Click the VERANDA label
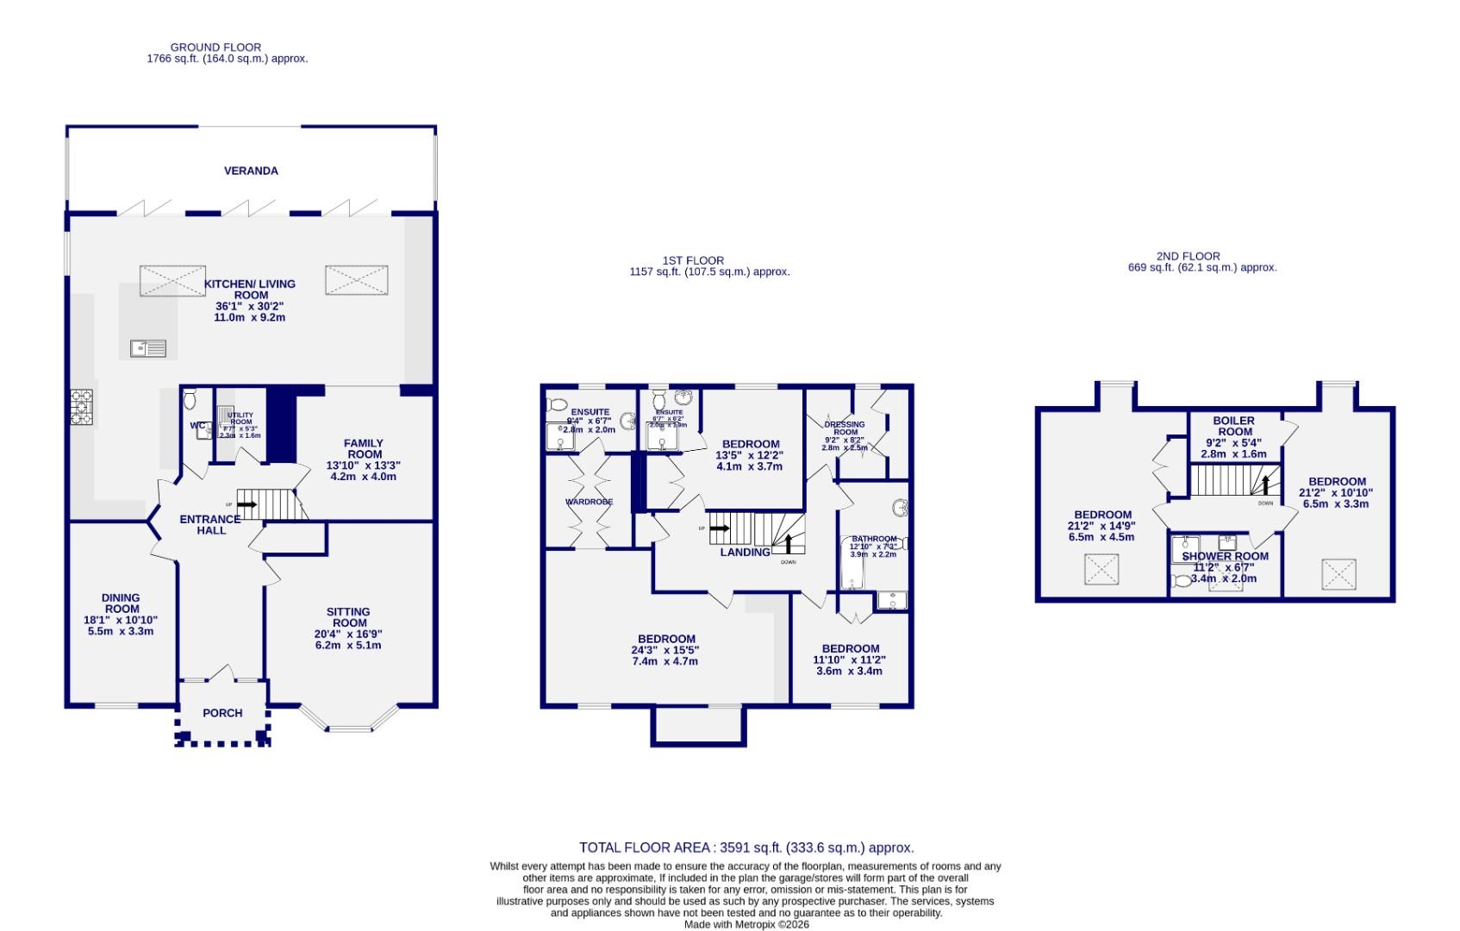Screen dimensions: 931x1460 [251, 171]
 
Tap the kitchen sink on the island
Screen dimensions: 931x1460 [148, 348]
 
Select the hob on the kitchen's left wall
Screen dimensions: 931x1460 [82, 408]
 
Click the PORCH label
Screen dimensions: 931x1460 [222, 713]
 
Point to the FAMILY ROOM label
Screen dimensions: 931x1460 [365, 449]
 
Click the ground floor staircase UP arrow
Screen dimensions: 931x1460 [246, 503]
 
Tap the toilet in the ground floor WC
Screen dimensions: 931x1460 [190, 398]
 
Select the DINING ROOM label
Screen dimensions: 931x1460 [120, 603]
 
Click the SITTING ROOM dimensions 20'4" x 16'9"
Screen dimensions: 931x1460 [348, 634]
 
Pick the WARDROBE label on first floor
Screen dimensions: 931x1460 [589, 502]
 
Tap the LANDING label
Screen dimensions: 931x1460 [745, 553]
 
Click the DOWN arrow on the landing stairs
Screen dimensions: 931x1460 [788, 543]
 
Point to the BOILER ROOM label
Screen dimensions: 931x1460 [1234, 426]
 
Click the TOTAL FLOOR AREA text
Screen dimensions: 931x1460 [746, 847]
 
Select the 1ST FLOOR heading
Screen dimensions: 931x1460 [693, 260]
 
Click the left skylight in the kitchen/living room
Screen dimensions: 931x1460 [172, 281]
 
